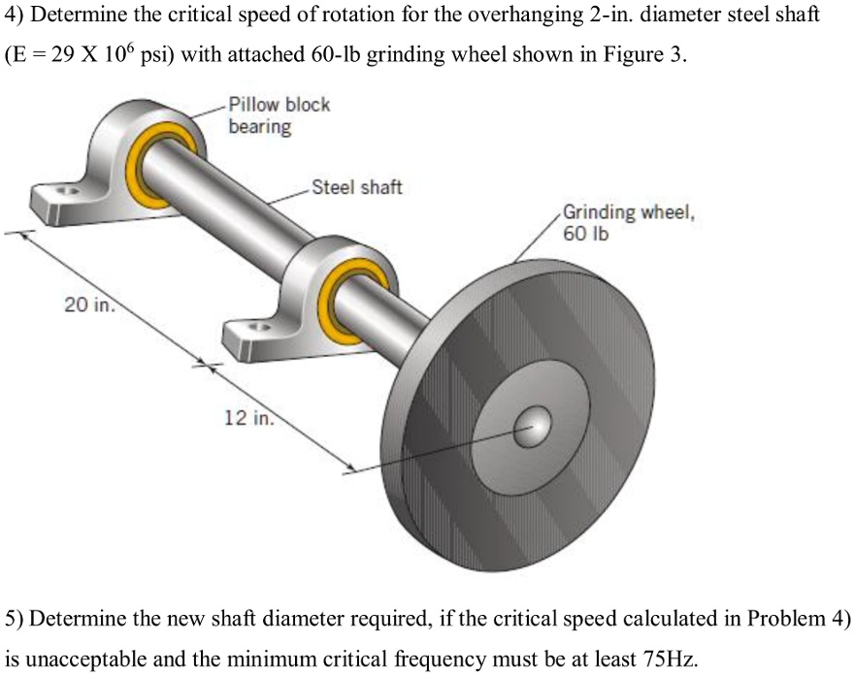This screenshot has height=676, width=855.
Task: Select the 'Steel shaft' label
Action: (x=356, y=187)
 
